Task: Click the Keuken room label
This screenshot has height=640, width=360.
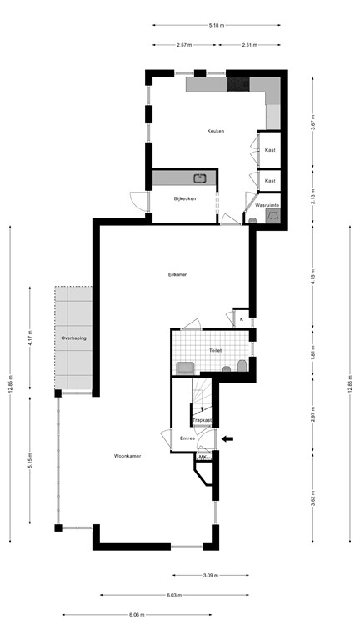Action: coord(217,132)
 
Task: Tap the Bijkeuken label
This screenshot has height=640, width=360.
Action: coord(184,198)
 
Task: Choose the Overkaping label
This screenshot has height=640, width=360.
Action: coord(73,338)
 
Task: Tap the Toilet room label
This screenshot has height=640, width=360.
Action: coord(215,351)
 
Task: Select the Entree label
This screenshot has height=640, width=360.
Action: coord(187,437)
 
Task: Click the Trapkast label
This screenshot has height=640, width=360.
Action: coord(202,420)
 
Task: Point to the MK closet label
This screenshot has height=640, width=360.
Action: coord(202,457)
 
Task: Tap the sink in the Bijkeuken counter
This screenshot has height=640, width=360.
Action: coord(200,177)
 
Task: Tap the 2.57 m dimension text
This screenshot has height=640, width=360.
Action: coord(184,45)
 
